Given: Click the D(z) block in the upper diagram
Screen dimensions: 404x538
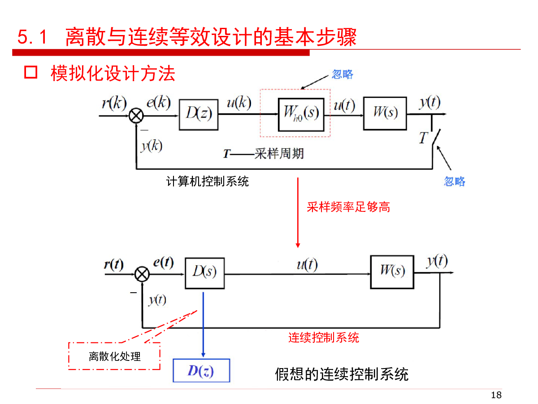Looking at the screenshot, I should (199, 115).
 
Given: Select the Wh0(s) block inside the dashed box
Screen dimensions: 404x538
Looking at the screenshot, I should (301, 114).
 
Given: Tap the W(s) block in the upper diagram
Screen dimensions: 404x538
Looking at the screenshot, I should (385, 113).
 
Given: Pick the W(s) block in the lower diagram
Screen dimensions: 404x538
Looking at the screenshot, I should (392, 272).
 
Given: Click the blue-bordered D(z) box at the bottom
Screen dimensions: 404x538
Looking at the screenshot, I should (201, 371).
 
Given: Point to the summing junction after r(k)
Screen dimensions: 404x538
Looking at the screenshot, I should (136, 116).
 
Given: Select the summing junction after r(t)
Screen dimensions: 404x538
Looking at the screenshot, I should (142, 273).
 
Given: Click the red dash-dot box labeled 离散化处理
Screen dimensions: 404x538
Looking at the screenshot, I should (114, 356).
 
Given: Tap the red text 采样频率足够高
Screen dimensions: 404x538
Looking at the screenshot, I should (348, 207).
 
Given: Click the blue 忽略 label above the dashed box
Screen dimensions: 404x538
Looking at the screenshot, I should (343, 74).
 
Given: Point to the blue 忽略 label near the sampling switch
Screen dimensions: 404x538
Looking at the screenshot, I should (455, 181).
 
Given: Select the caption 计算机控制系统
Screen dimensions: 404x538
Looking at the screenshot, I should (207, 181).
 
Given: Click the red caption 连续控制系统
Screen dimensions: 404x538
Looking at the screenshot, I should (323, 337).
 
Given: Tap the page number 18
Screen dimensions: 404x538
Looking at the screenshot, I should (496, 395).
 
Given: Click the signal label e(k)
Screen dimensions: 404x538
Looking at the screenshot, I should (158, 103).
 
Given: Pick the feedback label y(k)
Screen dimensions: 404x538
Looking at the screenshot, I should (152, 145).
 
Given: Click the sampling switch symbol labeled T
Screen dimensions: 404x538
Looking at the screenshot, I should (433, 136).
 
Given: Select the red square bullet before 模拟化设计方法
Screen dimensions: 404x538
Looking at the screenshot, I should (30, 73).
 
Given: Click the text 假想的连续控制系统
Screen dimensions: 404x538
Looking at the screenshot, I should (342, 374).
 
